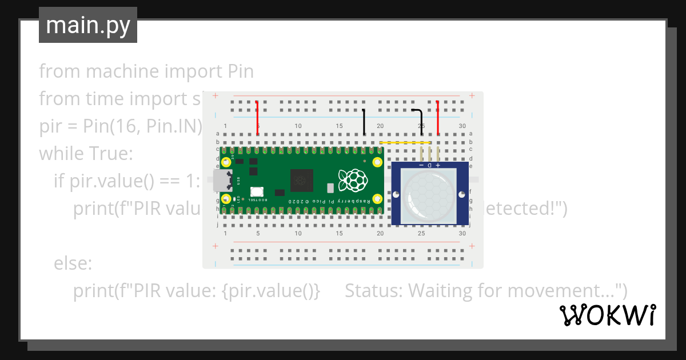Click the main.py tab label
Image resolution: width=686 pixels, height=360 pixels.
(87, 25)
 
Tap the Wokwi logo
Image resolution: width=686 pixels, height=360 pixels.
(607, 315)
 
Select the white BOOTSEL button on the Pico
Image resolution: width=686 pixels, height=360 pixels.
(256, 193)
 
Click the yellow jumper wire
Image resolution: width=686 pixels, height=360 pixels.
(405, 142)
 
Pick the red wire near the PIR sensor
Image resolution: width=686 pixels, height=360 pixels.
(438, 117)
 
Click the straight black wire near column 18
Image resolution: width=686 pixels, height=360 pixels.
(364, 122)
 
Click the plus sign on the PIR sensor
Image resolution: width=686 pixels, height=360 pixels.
(438, 165)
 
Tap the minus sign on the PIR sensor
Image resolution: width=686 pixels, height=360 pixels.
(421, 165)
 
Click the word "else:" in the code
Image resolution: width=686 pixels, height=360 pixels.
(73, 263)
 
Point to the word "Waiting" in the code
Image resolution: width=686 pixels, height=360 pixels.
(440, 291)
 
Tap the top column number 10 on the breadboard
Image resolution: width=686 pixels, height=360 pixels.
(298, 126)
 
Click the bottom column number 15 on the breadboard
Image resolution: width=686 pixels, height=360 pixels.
(339, 234)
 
